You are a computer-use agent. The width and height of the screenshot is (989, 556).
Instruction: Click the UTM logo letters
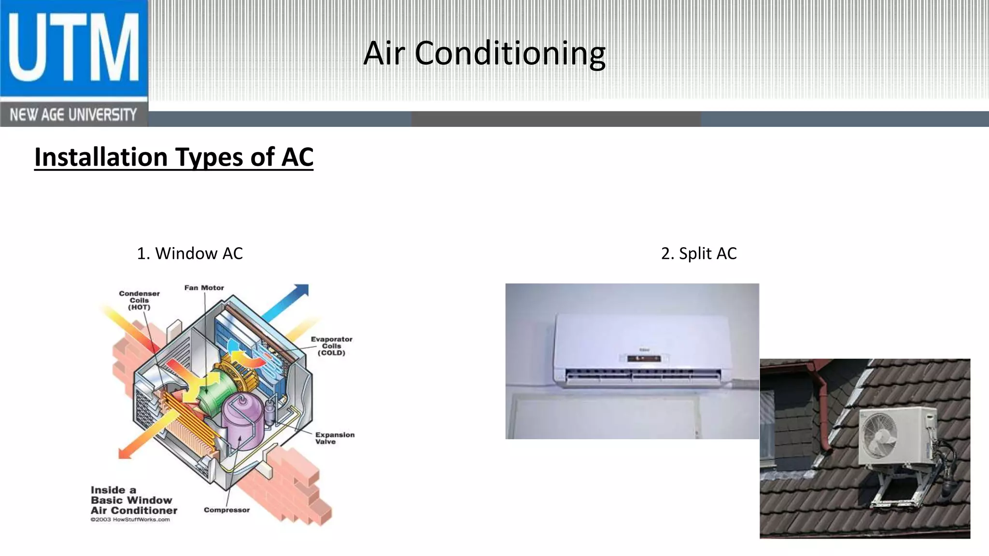click(x=73, y=48)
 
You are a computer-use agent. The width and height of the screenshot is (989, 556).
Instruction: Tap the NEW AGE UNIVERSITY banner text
click(x=73, y=115)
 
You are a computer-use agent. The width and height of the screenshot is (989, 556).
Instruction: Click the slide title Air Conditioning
click(x=484, y=53)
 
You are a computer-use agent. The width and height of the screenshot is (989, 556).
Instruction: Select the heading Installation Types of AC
click(x=174, y=157)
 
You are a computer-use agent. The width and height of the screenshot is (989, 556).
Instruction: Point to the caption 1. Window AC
click(x=190, y=253)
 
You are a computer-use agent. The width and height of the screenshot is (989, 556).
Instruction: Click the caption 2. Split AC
click(x=699, y=253)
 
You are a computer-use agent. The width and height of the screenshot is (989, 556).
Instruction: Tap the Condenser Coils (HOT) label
click(x=139, y=300)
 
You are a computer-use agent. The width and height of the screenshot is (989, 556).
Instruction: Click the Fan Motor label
click(x=204, y=288)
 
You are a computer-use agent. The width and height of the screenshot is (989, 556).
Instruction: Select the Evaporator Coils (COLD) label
click(x=331, y=346)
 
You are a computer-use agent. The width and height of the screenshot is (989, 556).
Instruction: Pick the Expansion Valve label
click(x=335, y=438)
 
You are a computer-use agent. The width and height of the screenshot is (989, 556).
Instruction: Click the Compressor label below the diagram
click(x=226, y=510)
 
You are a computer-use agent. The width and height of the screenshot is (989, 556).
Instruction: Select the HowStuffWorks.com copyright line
click(x=130, y=520)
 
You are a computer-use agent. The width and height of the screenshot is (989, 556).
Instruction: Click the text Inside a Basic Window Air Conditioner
click(x=134, y=500)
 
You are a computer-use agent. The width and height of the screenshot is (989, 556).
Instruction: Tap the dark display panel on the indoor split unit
click(x=644, y=358)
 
